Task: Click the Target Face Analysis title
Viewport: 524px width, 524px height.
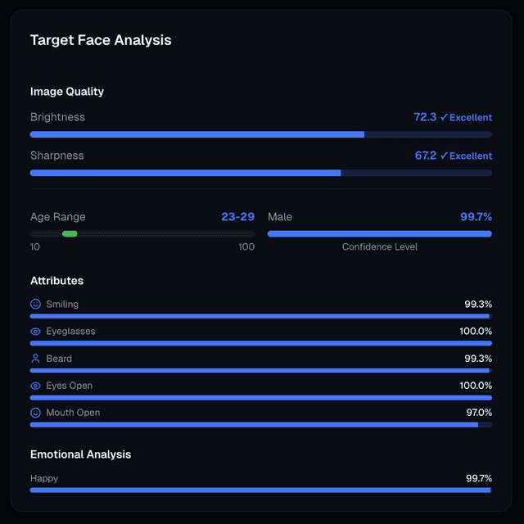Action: point(101,40)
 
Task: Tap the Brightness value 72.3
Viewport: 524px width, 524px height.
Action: point(425,117)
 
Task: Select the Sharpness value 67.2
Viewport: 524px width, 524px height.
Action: point(425,156)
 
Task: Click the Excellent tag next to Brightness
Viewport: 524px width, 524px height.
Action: point(466,118)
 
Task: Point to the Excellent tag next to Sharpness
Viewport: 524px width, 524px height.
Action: point(466,156)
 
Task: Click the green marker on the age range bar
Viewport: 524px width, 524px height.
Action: point(70,234)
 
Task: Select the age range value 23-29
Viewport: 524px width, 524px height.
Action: point(237,217)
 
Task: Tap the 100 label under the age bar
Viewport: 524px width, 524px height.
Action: point(246,247)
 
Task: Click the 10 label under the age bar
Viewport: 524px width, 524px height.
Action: point(35,247)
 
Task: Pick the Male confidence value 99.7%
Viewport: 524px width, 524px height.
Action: point(476,217)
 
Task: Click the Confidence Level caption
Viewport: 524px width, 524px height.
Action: point(379,247)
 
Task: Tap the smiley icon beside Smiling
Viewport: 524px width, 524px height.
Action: point(35,304)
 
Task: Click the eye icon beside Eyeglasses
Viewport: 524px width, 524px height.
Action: point(35,332)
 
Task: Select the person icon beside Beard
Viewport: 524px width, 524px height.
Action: point(35,359)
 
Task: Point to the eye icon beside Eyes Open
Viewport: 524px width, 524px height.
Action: point(35,386)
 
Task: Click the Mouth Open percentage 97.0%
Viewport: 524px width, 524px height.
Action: point(478,413)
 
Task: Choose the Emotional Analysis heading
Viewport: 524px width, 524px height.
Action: point(80,454)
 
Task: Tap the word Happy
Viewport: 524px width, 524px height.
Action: point(44,478)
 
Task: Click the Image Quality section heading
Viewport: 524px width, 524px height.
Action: point(67,92)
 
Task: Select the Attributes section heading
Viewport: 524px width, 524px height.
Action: point(56,281)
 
